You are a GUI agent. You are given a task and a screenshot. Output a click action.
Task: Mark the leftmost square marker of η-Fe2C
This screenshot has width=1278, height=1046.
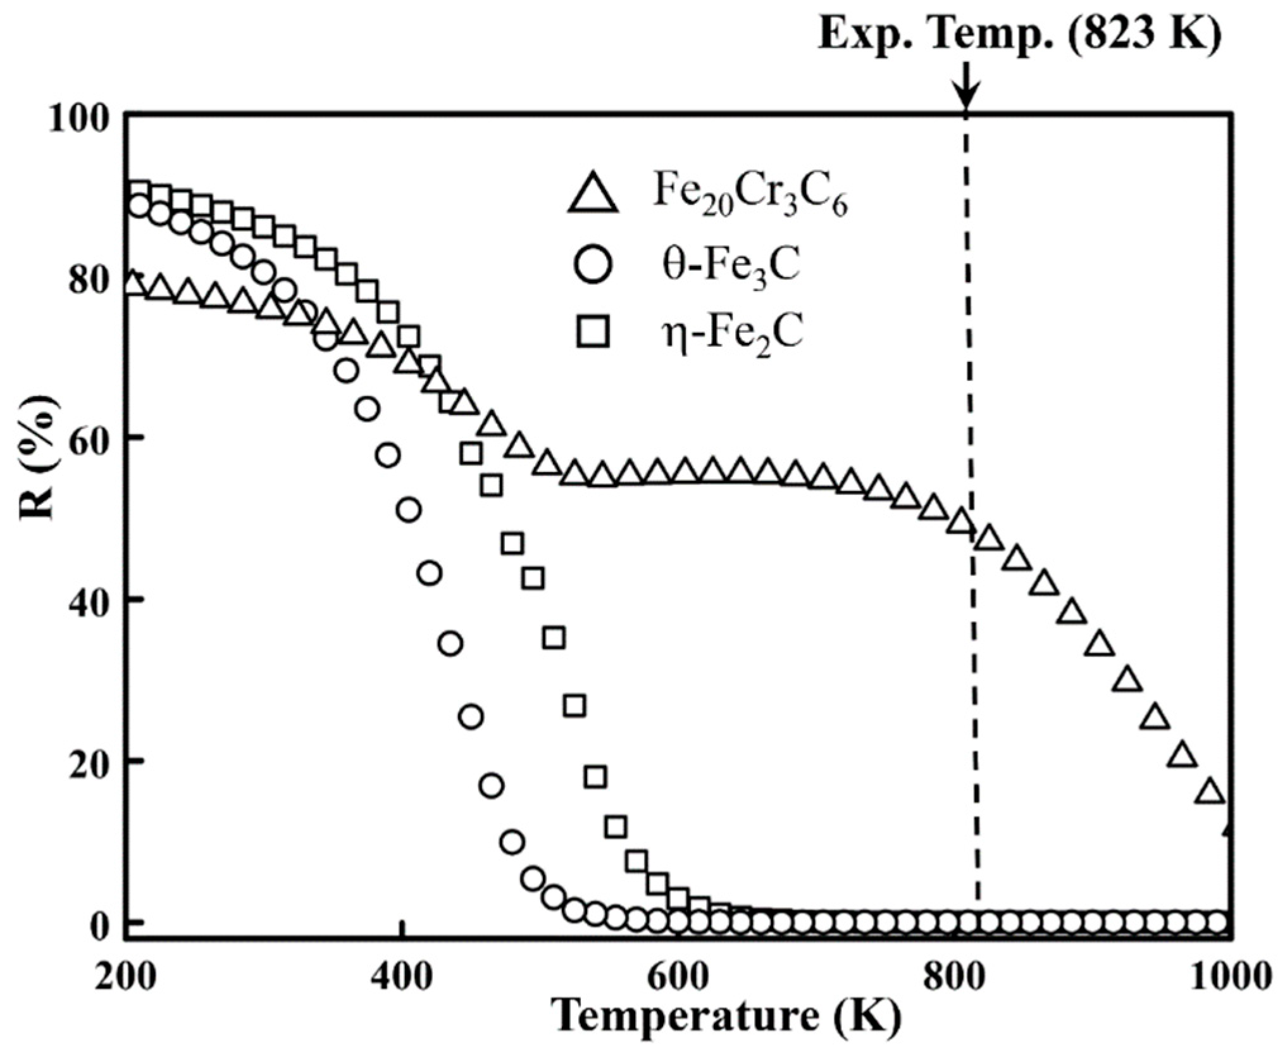point(139,190)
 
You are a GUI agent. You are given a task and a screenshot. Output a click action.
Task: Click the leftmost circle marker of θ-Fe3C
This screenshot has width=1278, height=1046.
point(139,205)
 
